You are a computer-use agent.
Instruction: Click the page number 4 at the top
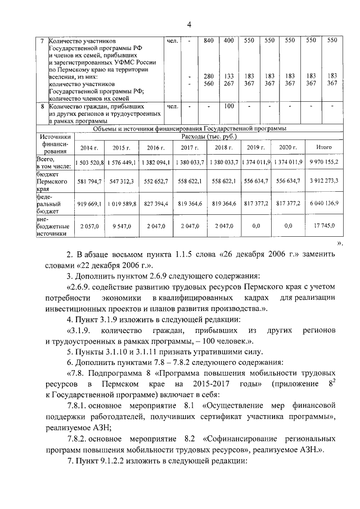pos(189,23)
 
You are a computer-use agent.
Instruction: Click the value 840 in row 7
pos(209,40)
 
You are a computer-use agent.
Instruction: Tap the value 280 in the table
pos(209,76)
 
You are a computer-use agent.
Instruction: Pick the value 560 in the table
pos(209,83)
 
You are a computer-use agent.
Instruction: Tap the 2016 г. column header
pos(155,147)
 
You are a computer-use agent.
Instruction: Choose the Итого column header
pos(323,147)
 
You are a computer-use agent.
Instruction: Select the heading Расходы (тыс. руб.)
pos(209,136)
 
